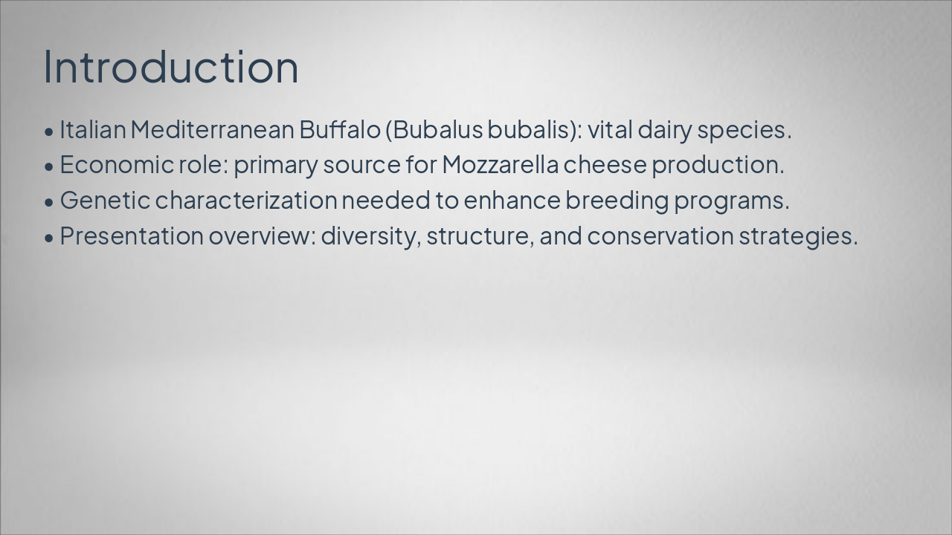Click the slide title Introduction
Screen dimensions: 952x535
[171, 67]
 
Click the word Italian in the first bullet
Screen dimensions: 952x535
[93, 129]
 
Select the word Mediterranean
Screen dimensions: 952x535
[213, 129]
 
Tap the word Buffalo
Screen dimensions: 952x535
[340, 129]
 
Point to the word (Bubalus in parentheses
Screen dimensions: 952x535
[434, 130]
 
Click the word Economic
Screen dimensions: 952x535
[117, 165]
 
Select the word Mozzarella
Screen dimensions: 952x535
[501, 165]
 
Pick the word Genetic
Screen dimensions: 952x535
[105, 201]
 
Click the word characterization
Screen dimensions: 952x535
[246, 201]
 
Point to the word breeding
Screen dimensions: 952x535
[617, 202]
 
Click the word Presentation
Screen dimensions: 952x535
[132, 236]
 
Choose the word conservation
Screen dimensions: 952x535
[660, 237]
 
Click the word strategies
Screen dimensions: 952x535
[799, 238]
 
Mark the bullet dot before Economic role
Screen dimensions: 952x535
[49, 167]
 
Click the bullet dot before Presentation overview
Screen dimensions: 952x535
[49, 239]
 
